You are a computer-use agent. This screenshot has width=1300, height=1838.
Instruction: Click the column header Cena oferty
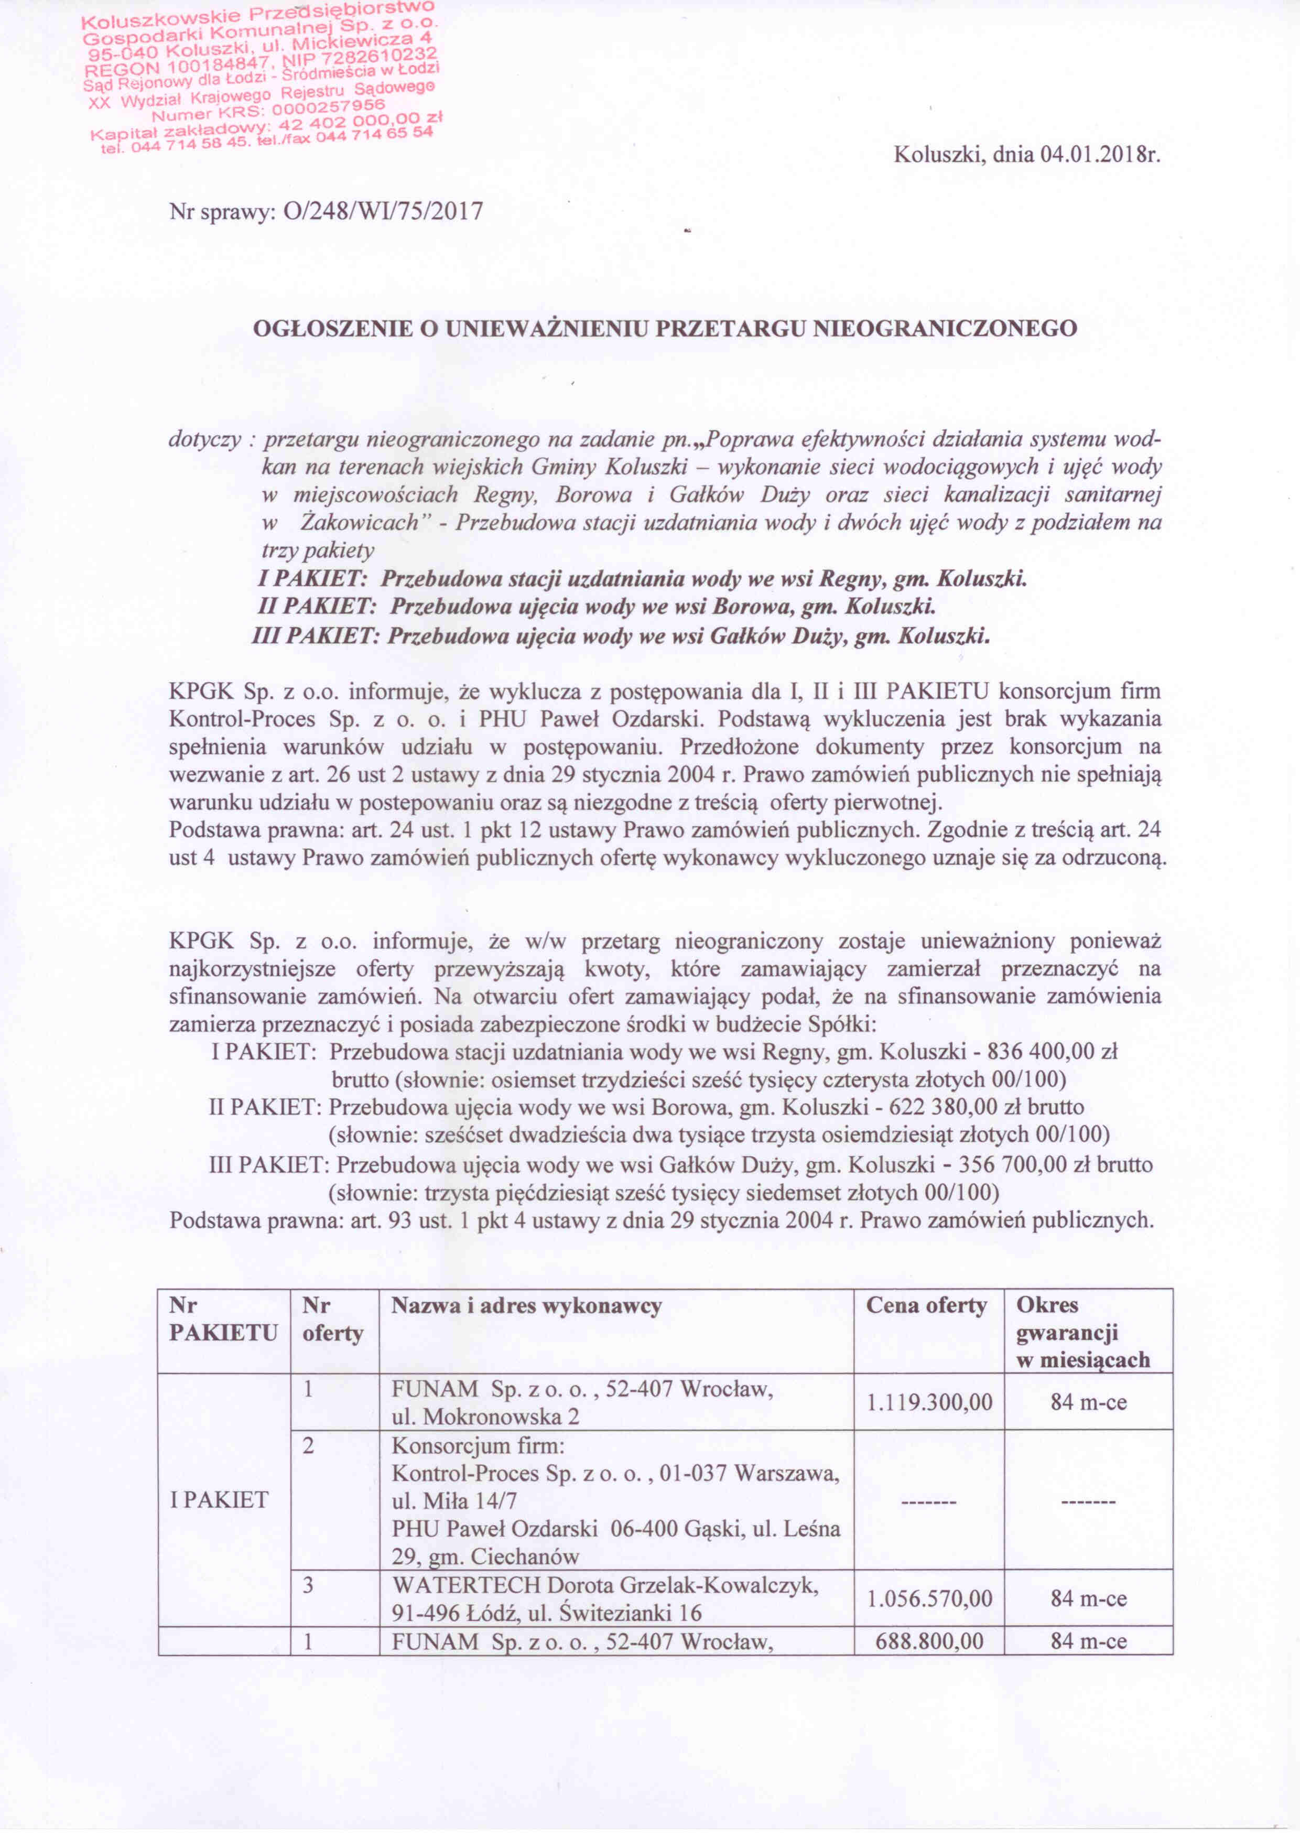pos(926,1306)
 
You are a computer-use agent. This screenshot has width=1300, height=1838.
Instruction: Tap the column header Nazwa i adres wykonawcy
pos(526,1306)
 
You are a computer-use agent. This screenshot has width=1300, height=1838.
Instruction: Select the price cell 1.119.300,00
pos(928,1402)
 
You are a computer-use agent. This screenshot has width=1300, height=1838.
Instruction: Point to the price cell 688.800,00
pos(928,1642)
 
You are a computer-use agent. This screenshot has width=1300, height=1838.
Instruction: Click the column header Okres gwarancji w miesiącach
pos(1082,1332)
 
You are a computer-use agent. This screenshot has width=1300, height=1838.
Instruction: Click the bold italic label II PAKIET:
pos(318,607)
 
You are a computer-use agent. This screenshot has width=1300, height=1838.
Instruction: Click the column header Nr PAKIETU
pos(223,1320)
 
